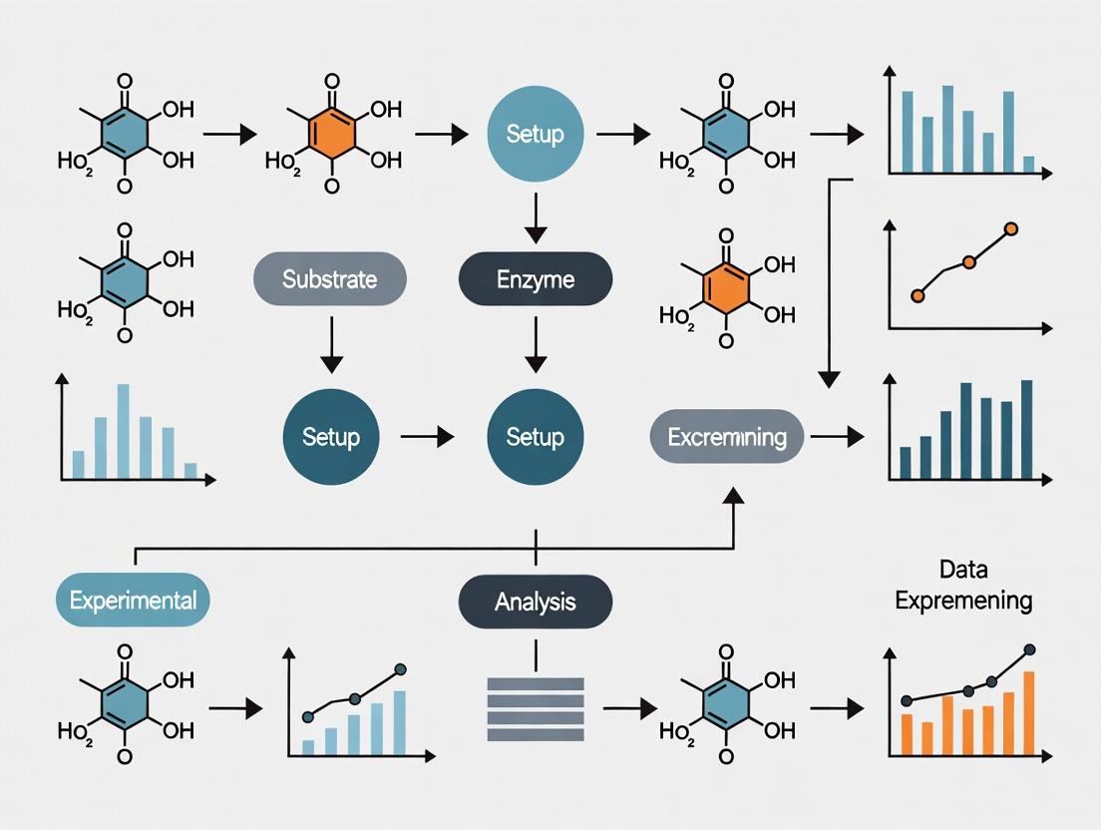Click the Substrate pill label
pos(330,278)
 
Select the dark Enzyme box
pos(535,278)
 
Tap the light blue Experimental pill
pos(134,600)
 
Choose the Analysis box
pos(535,602)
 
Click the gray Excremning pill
pos(727,436)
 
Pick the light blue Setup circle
pos(535,134)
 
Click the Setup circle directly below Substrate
pos(330,436)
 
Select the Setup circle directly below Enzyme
pos(535,436)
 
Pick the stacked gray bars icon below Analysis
pos(535,709)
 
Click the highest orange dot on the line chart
pos(1011,229)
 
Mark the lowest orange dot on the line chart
pos(918,295)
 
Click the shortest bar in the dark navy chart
pos(906,462)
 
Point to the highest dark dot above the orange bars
pos(1029,650)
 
